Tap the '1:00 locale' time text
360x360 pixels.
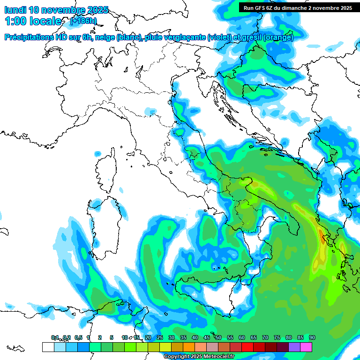(33, 21)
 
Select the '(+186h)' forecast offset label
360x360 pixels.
(83, 21)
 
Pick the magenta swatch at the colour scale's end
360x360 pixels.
(306, 347)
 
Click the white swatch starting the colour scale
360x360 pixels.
(48, 347)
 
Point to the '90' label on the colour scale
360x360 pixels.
(312, 337)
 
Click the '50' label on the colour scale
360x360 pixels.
(218, 337)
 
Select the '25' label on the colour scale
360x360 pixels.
(160, 337)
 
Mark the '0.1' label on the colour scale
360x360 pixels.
(55, 337)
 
